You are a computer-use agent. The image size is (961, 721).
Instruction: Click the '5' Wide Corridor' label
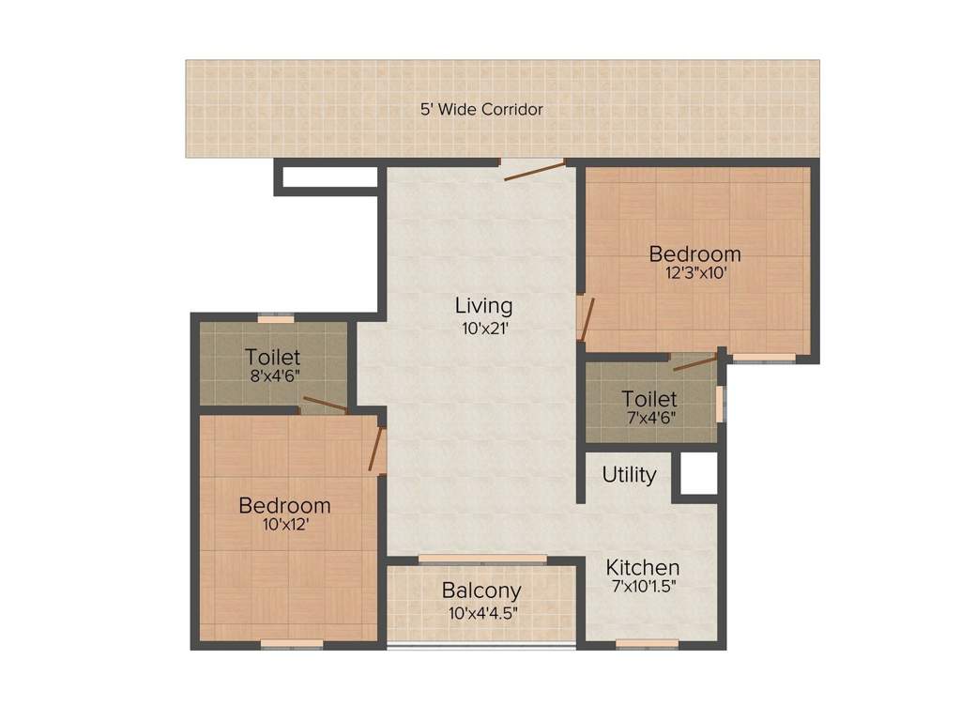[481, 110]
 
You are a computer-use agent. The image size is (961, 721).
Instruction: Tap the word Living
[483, 306]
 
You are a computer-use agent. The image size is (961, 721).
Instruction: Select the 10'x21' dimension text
[483, 329]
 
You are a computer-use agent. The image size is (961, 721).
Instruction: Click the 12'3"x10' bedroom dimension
[694, 274]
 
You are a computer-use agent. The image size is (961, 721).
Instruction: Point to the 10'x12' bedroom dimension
[284, 526]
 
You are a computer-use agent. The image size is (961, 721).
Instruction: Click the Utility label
[629, 475]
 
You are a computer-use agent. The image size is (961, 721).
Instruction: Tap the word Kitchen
[642, 568]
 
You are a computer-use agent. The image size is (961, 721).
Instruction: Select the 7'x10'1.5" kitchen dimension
[642, 589]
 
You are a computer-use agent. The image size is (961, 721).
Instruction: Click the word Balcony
[481, 591]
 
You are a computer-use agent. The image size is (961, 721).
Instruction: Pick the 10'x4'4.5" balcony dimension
[482, 614]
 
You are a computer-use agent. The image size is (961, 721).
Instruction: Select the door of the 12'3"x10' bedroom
[585, 319]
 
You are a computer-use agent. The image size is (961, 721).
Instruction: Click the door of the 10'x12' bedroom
[377, 449]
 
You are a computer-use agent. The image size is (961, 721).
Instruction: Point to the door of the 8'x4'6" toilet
[325, 405]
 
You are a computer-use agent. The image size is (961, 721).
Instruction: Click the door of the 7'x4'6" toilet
[695, 361]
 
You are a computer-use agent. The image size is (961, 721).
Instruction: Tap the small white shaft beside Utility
[697, 475]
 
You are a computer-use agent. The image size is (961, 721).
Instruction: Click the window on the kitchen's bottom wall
[647, 644]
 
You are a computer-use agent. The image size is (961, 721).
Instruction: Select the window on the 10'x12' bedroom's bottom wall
[292, 644]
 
